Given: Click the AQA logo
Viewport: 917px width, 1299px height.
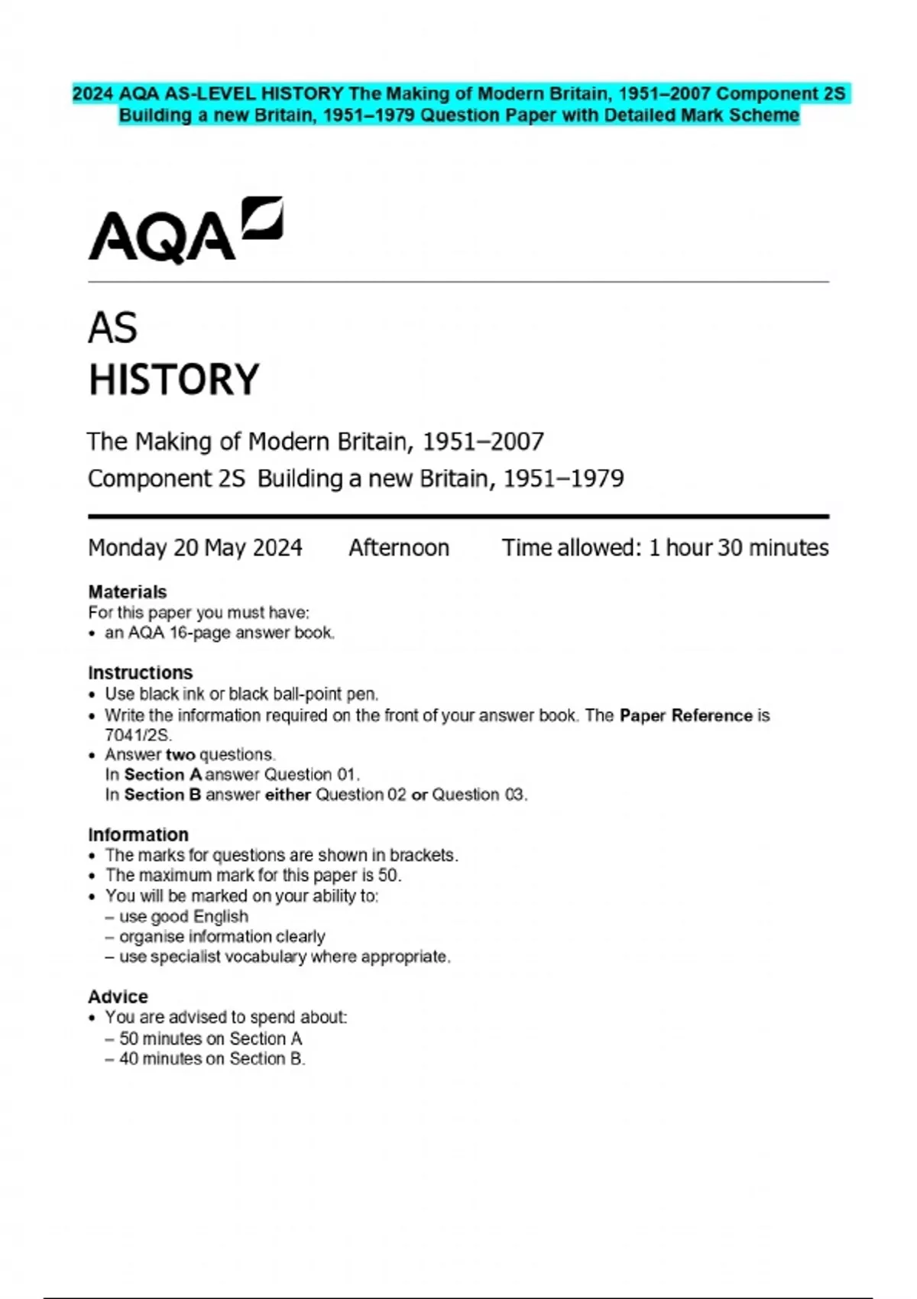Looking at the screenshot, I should pyautogui.click(x=185, y=231).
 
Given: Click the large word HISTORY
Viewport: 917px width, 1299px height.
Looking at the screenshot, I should pyautogui.click(x=174, y=380).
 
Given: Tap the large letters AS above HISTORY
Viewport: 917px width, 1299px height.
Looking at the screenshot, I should pyautogui.click(x=112, y=329).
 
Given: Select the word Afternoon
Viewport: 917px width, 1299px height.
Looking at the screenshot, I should pyautogui.click(x=399, y=548).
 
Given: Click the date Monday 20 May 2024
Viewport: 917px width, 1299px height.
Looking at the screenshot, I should pyautogui.click(x=195, y=548).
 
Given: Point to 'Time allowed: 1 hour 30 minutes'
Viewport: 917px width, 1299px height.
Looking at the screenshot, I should pyautogui.click(x=665, y=548).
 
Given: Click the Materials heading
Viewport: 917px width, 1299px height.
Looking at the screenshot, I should pyautogui.click(x=127, y=592).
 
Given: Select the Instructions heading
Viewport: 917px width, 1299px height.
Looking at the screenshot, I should pyautogui.click(x=140, y=673).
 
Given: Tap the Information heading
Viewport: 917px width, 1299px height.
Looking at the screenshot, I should pyautogui.click(x=138, y=835).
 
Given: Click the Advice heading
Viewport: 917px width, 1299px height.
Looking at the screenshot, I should pyautogui.click(x=118, y=997).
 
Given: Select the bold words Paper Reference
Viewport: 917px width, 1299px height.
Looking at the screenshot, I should pyautogui.click(x=685, y=716).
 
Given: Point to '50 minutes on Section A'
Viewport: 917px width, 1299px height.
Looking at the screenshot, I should pyautogui.click(x=210, y=1038).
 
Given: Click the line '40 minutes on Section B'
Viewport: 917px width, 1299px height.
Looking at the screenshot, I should pyautogui.click(x=212, y=1059).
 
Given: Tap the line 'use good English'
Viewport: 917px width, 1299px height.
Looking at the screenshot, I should pyautogui.click(x=183, y=917).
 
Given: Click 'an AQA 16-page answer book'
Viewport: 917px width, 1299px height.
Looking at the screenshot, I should pyautogui.click(x=219, y=633).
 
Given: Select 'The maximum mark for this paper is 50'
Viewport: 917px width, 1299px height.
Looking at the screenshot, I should pyautogui.click(x=253, y=876).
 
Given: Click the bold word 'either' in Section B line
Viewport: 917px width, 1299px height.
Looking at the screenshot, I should pyautogui.click(x=287, y=795).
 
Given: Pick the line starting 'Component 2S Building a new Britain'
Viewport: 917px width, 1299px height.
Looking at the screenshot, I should pyautogui.click(x=355, y=479).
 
